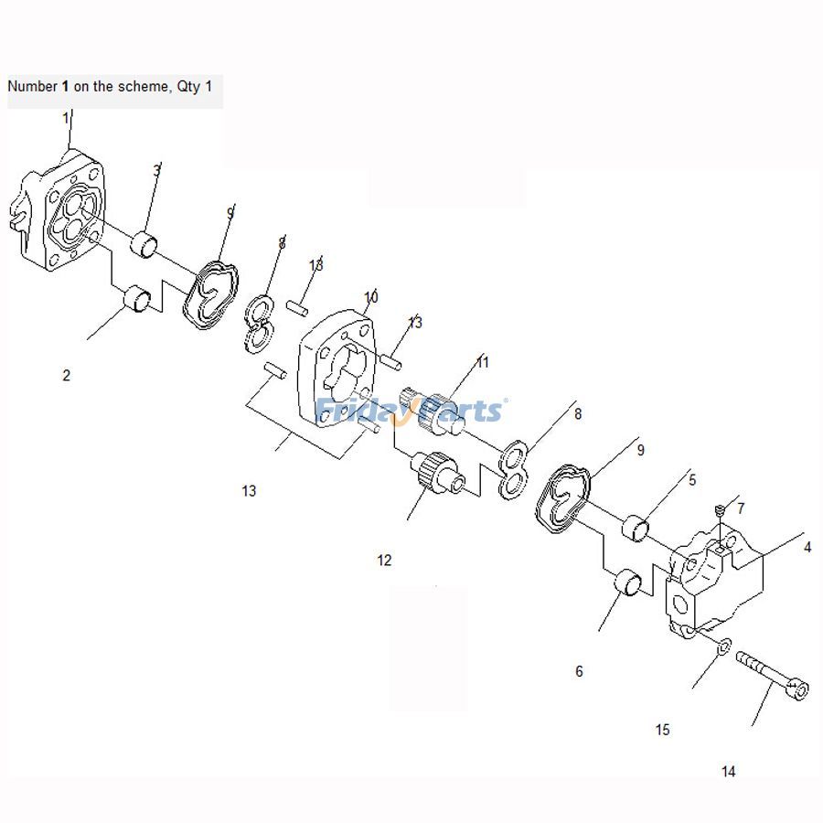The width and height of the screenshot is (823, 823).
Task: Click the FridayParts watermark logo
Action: [x=410, y=410]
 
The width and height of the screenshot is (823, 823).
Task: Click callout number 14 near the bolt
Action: [x=728, y=772]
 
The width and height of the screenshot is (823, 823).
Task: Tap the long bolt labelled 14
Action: [x=772, y=675]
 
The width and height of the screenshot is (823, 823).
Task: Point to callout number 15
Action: [x=663, y=730]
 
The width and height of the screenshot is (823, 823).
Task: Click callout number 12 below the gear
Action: [x=384, y=560]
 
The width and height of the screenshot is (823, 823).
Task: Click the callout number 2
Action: [x=66, y=375]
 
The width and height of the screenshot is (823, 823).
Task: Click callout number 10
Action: [x=371, y=297]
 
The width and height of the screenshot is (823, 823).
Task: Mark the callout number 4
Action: [x=807, y=548]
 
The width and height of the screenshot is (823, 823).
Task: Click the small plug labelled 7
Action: [x=720, y=510]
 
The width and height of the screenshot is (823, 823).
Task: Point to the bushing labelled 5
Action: [x=636, y=529]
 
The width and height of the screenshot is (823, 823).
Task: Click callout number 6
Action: [x=579, y=671]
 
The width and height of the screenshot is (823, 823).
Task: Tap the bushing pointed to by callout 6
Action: [x=627, y=583]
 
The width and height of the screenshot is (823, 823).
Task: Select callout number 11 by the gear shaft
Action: [x=483, y=363]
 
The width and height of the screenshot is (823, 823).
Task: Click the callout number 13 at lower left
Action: [x=249, y=491]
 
